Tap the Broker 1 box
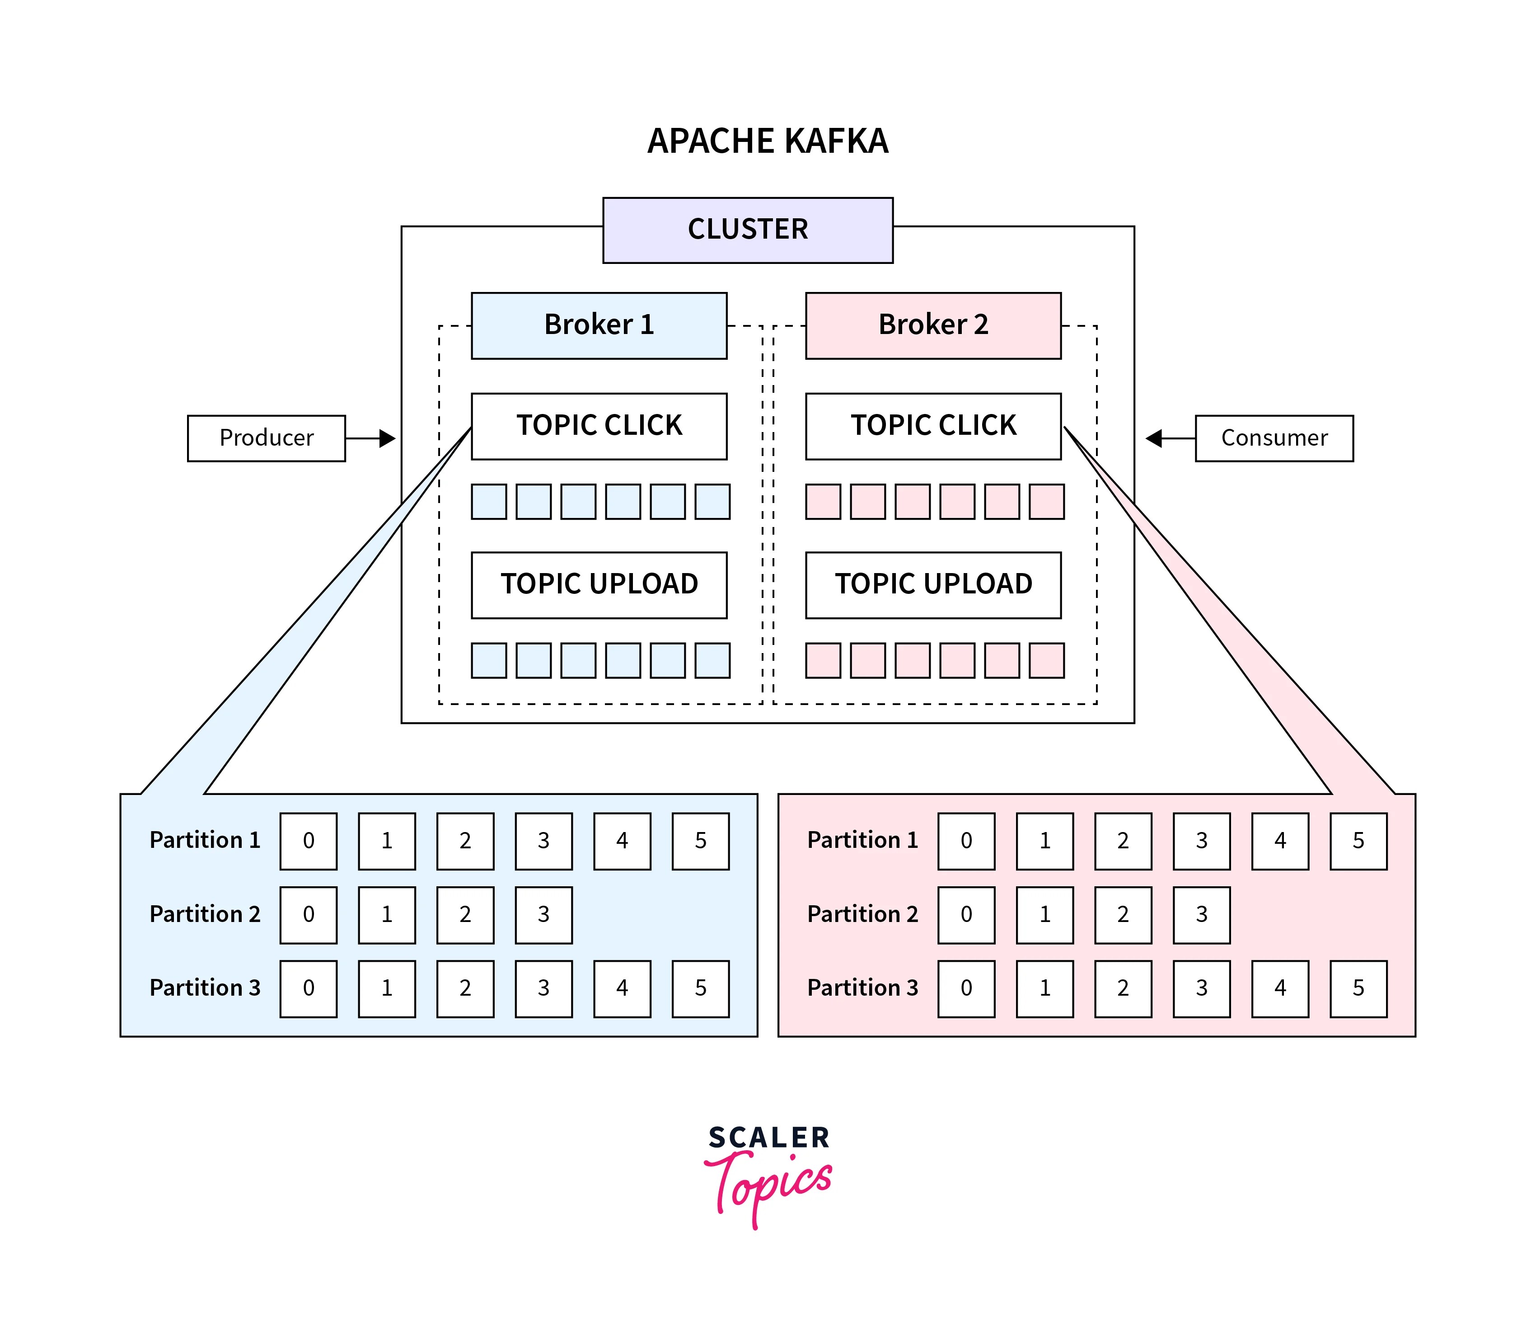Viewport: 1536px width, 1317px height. click(x=599, y=325)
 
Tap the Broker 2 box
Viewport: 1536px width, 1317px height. click(x=933, y=325)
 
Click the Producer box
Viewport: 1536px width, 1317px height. click(x=266, y=438)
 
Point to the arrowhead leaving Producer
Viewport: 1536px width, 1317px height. click(x=388, y=438)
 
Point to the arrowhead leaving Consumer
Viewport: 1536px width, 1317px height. click(x=1153, y=438)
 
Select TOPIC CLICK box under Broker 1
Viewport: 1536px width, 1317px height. click(x=599, y=426)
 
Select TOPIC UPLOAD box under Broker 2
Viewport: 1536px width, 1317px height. click(x=933, y=584)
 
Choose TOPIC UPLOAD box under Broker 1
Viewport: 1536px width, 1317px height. click(x=599, y=584)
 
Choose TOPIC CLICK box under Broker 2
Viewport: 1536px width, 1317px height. click(x=933, y=426)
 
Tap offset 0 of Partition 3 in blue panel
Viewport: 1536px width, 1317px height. click(x=309, y=988)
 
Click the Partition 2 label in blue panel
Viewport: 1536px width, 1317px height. click(x=205, y=914)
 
